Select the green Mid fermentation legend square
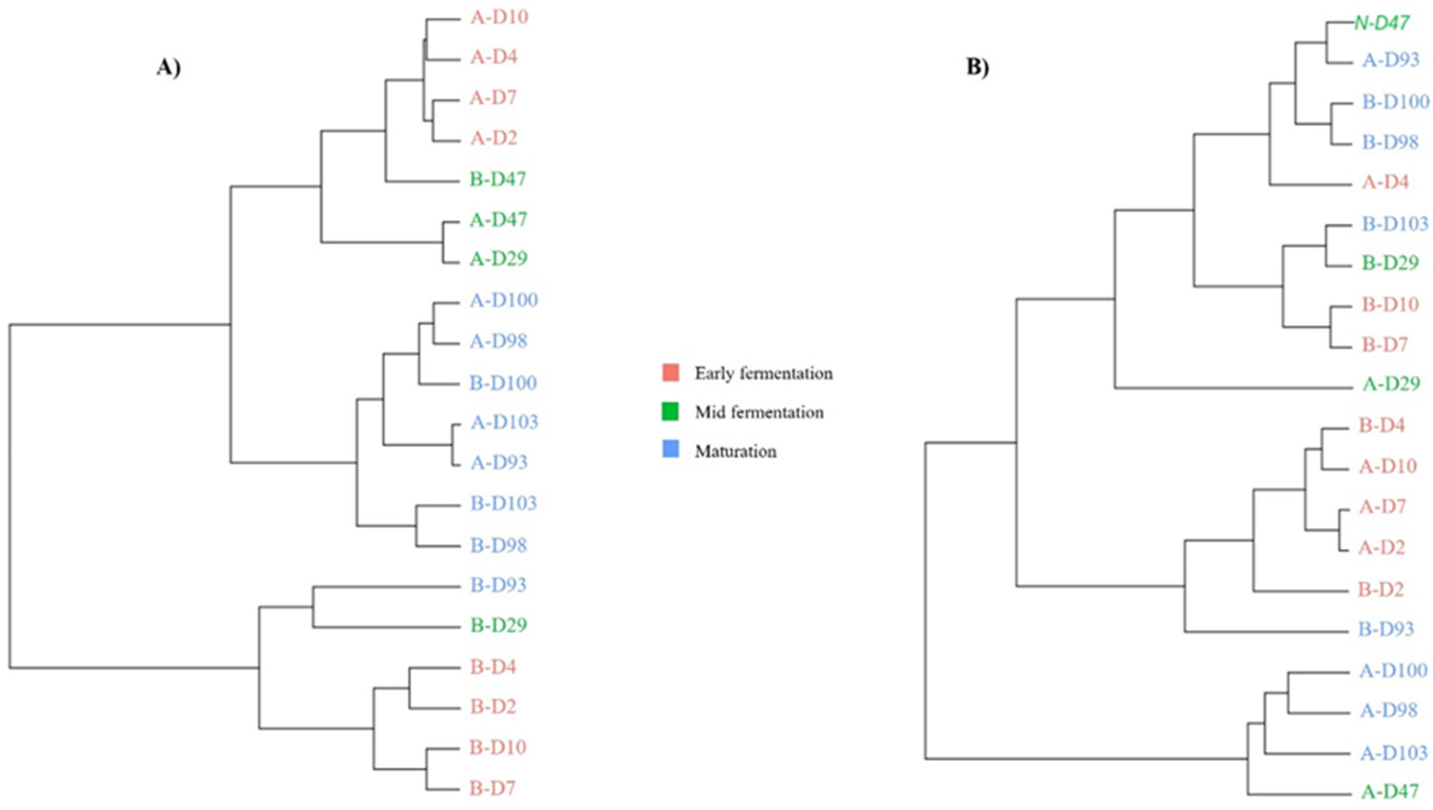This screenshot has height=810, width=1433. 670,412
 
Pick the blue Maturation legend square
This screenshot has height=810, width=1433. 670,450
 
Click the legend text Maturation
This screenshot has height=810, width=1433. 736,451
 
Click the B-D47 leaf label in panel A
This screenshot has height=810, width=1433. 498,179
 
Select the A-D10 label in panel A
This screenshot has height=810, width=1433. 499,17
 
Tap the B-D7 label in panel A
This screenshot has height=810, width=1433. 493,788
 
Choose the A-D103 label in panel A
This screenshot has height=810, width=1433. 505,422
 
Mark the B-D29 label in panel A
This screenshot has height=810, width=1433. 498,625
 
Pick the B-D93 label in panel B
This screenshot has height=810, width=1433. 1386,629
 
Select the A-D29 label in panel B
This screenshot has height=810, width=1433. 1391,383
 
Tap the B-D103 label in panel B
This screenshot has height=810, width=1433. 1395,223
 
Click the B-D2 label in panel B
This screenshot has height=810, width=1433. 1381,589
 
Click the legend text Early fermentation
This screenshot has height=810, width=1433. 763,373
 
